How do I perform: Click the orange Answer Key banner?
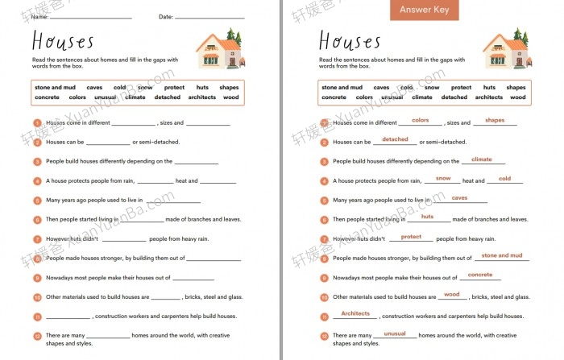[x=425, y=10]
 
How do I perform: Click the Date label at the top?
[x=165, y=16]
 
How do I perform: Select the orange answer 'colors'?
[x=420, y=120]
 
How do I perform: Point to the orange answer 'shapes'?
[x=495, y=120]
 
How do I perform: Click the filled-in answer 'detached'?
[x=395, y=139]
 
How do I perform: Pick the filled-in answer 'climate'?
[x=482, y=159]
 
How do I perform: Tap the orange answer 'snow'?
[x=443, y=178]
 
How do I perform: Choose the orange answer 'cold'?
[x=504, y=178]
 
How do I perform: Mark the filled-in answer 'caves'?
[x=459, y=197]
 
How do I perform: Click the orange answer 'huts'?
[x=427, y=216]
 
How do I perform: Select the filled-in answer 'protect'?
[x=411, y=236]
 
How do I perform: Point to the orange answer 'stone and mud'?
[x=501, y=255]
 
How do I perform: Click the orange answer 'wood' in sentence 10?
[x=451, y=294]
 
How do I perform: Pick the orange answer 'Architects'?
[x=355, y=313]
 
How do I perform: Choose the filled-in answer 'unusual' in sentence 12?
[x=395, y=333]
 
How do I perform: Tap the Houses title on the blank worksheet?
[x=63, y=41]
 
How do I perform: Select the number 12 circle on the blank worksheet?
[x=37, y=336]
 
